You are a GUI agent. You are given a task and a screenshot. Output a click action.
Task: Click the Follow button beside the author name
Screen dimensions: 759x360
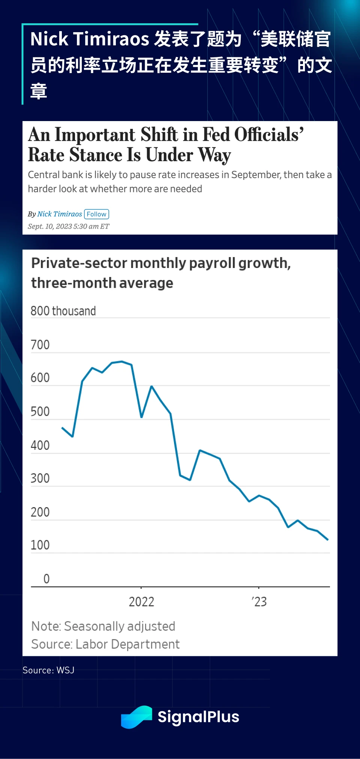[x=96, y=214]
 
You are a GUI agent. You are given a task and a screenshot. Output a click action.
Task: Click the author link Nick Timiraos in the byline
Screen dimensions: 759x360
[x=60, y=214]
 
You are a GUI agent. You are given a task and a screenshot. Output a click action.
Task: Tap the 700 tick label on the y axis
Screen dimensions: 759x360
[x=40, y=345]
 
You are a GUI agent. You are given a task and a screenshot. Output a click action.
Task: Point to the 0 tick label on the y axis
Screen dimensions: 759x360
[x=46, y=579]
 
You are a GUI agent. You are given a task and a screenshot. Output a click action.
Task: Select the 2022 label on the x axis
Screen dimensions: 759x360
[x=141, y=602]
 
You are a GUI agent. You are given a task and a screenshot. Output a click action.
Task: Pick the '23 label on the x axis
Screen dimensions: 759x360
[x=259, y=602]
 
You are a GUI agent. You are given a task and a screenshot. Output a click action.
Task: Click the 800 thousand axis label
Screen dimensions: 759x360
[x=63, y=311]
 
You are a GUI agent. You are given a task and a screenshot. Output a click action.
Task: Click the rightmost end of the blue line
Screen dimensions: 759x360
[x=328, y=540]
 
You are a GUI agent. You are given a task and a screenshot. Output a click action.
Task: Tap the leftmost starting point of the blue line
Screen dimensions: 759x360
[x=62, y=428]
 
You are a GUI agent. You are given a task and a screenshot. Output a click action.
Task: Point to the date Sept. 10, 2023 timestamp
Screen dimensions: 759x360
[x=68, y=226]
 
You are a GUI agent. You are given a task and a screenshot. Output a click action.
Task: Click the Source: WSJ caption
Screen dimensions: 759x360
[x=48, y=670]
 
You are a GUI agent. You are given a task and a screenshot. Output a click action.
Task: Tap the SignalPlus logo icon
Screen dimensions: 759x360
[x=136, y=717]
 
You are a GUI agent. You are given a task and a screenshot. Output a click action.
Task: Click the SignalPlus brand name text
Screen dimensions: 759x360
[x=198, y=717]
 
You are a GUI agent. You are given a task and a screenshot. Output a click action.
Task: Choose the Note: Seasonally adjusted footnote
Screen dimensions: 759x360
[x=103, y=626]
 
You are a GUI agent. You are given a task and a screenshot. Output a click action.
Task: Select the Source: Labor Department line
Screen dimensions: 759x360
[x=105, y=644]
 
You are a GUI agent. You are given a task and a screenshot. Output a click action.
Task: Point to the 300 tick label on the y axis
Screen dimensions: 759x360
[x=40, y=479]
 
